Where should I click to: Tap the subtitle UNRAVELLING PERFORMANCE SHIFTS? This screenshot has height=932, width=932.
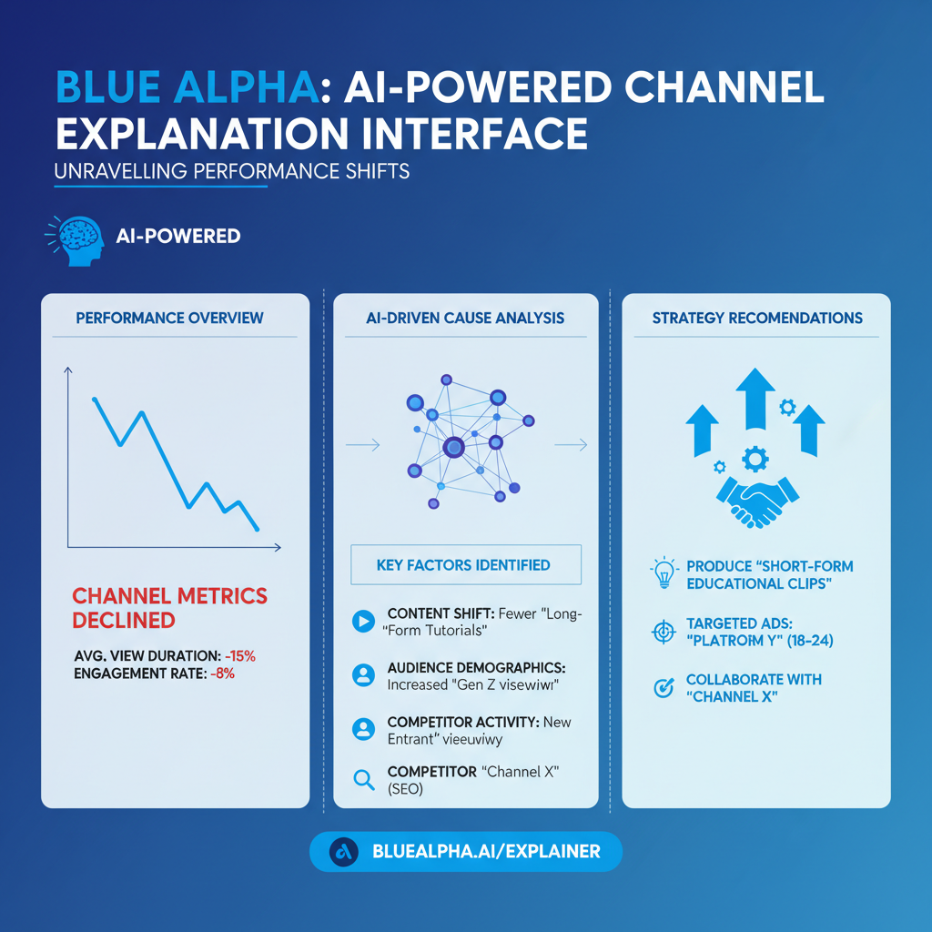[x=231, y=171]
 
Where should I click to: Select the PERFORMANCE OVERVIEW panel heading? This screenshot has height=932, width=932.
[x=169, y=318]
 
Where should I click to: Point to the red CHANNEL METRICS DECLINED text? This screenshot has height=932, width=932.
[x=169, y=608]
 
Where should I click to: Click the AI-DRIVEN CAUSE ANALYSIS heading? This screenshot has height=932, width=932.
[x=464, y=318]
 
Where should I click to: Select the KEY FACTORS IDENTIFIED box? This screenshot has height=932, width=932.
[x=464, y=565]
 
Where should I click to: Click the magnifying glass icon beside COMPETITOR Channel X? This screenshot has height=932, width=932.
[x=362, y=779]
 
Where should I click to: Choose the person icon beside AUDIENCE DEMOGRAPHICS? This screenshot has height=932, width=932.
[x=362, y=674]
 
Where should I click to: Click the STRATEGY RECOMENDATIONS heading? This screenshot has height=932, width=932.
[x=756, y=318]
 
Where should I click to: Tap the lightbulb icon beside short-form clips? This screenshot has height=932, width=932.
[x=663, y=573]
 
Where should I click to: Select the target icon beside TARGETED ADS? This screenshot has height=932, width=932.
[x=663, y=633]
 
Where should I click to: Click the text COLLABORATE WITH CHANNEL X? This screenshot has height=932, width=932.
[x=754, y=689]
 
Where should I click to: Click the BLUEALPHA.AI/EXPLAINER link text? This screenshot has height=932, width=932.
[x=486, y=852]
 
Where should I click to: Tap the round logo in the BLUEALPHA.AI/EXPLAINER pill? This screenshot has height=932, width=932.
[x=344, y=852]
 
